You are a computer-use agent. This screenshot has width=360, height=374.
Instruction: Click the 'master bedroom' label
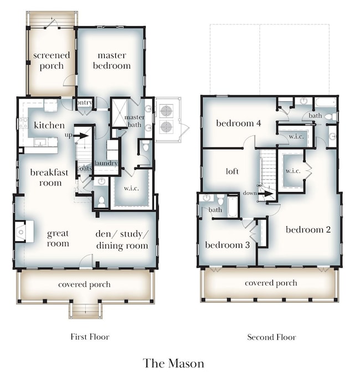coord(112,60)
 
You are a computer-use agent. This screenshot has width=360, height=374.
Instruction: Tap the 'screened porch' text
coord(52,60)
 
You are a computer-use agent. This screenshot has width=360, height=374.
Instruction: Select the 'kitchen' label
coord(49,125)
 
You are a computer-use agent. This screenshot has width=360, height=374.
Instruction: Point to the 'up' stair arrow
coord(81,136)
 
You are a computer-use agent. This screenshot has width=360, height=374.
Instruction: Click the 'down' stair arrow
coord(265,194)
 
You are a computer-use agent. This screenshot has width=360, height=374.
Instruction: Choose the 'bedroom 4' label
coord(239,123)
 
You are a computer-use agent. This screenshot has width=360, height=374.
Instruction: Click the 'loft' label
coord(232,171)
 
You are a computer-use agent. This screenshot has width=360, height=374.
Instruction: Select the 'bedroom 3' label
coord(228,245)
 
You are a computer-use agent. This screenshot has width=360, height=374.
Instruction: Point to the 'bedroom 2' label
coord(308,230)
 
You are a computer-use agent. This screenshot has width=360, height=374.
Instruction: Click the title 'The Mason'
coord(174,363)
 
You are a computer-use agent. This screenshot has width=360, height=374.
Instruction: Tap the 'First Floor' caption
coord(90,336)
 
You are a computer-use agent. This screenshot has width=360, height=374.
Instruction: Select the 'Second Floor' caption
coord(272,337)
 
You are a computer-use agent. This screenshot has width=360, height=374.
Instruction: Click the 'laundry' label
coord(106,163)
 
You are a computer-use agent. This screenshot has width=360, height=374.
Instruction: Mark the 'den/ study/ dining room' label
coord(122,240)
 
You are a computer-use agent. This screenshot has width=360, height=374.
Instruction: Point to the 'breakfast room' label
coord(49,178)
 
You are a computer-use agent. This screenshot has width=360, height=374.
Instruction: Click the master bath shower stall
coord(119,113)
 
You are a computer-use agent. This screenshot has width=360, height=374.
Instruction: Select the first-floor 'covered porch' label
coord(84,284)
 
